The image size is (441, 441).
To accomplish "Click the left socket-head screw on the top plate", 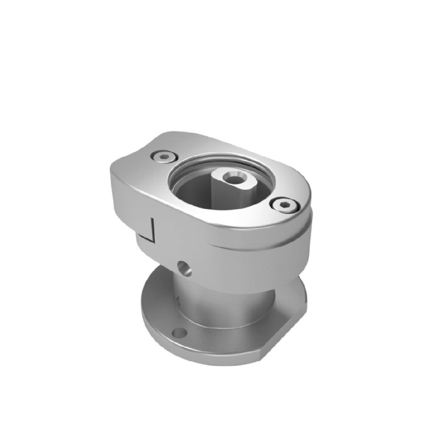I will point(163,157).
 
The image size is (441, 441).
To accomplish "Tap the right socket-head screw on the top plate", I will point(284,206).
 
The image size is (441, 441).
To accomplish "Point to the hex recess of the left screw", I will point(164,157).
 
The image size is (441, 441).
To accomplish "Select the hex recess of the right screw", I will point(285,206).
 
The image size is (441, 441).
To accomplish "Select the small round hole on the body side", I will point(184,268).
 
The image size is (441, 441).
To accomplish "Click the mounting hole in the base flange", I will point(179,332).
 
